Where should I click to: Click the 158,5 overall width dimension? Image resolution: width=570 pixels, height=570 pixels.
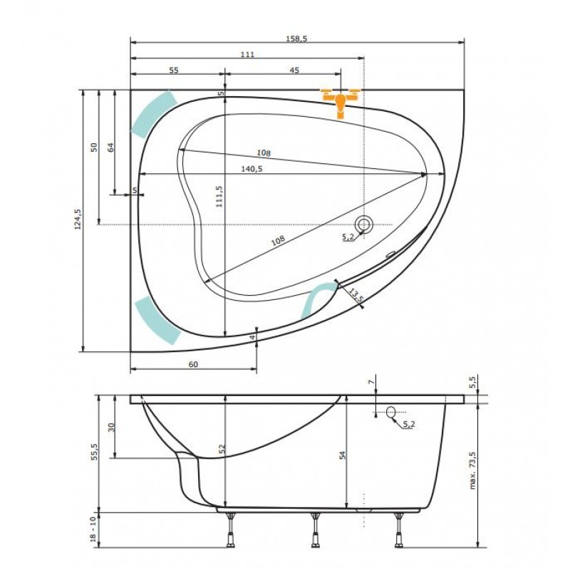(296, 38)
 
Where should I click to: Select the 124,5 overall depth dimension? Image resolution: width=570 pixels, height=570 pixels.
(78, 219)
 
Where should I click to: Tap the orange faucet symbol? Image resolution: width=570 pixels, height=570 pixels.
(341, 101)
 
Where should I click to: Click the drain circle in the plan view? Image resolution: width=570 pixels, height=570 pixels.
(363, 224)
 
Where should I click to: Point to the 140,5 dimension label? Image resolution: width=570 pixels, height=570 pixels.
(252, 169)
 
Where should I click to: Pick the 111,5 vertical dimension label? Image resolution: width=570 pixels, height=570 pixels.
(219, 197)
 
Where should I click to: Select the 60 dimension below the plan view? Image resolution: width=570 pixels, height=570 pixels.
(193, 364)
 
